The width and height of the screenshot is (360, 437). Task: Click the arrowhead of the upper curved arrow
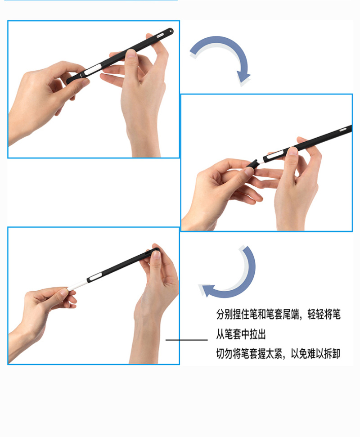[x=243, y=77]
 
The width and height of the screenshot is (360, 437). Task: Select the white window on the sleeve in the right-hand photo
[x=274, y=156]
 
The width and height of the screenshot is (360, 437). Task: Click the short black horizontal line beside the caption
[x=187, y=340]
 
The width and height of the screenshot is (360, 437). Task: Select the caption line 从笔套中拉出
[x=241, y=334]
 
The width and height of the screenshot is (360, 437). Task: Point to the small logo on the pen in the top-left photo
[x=161, y=35]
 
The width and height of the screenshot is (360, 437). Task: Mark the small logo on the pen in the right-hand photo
[x=343, y=129]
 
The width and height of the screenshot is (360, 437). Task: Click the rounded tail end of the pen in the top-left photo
[x=170, y=30]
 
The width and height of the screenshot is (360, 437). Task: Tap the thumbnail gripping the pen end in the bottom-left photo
[x=156, y=254]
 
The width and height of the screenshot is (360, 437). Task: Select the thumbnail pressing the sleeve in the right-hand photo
[x=292, y=151]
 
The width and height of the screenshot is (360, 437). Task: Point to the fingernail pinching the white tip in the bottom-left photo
[x=64, y=292]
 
